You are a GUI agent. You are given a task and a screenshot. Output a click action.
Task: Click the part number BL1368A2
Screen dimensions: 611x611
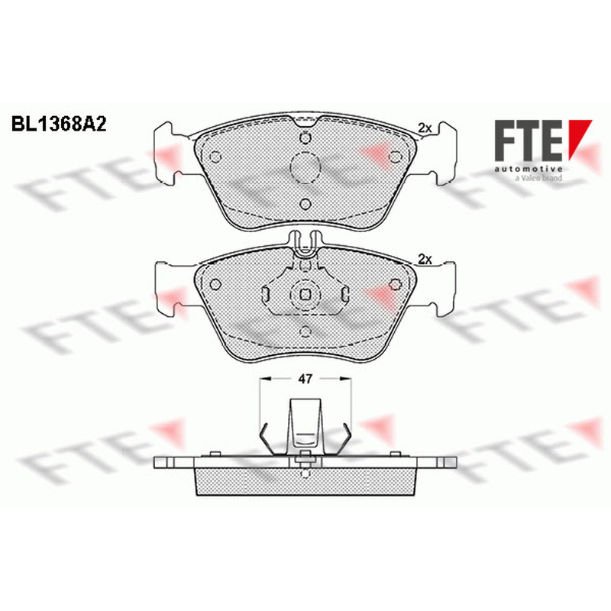[59, 124]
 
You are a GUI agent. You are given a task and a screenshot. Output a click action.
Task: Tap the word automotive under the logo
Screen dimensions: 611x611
[529, 169]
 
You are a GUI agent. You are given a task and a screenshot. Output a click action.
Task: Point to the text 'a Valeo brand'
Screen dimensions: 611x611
[538, 178]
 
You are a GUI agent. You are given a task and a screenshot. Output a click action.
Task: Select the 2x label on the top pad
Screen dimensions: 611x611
[425, 128]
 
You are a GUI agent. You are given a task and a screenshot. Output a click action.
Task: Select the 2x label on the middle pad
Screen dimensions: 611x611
[425, 259]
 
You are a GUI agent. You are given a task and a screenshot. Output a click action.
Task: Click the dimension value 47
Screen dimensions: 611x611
[305, 378]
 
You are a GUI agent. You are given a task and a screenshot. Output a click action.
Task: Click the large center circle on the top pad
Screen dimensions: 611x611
[305, 167]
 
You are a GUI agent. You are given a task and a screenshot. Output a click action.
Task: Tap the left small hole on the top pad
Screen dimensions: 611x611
[215, 157]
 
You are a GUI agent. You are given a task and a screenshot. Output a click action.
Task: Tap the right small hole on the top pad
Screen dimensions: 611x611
[396, 157]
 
